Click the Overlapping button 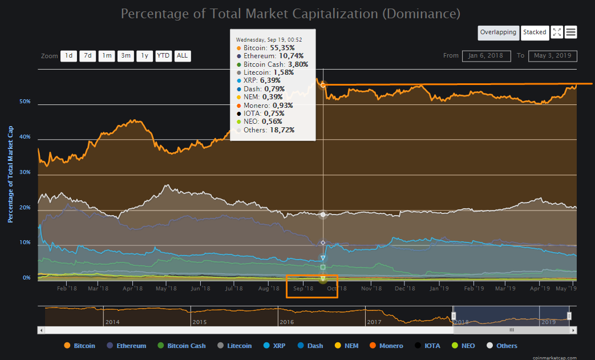[x=498, y=33]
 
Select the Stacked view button [x=535, y=33]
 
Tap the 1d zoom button [x=68, y=56]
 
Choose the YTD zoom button [x=164, y=56]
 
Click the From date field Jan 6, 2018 [x=486, y=56]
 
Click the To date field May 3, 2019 [x=552, y=56]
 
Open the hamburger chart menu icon [x=570, y=33]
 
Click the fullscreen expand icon [x=557, y=33]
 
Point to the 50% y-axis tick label [x=25, y=102]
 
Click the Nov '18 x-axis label [x=371, y=289]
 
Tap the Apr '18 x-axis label [x=132, y=289]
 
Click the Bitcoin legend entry [x=80, y=346]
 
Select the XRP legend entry [x=274, y=346]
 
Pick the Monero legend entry [x=386, y=346]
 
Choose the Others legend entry [x=502, y=346]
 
